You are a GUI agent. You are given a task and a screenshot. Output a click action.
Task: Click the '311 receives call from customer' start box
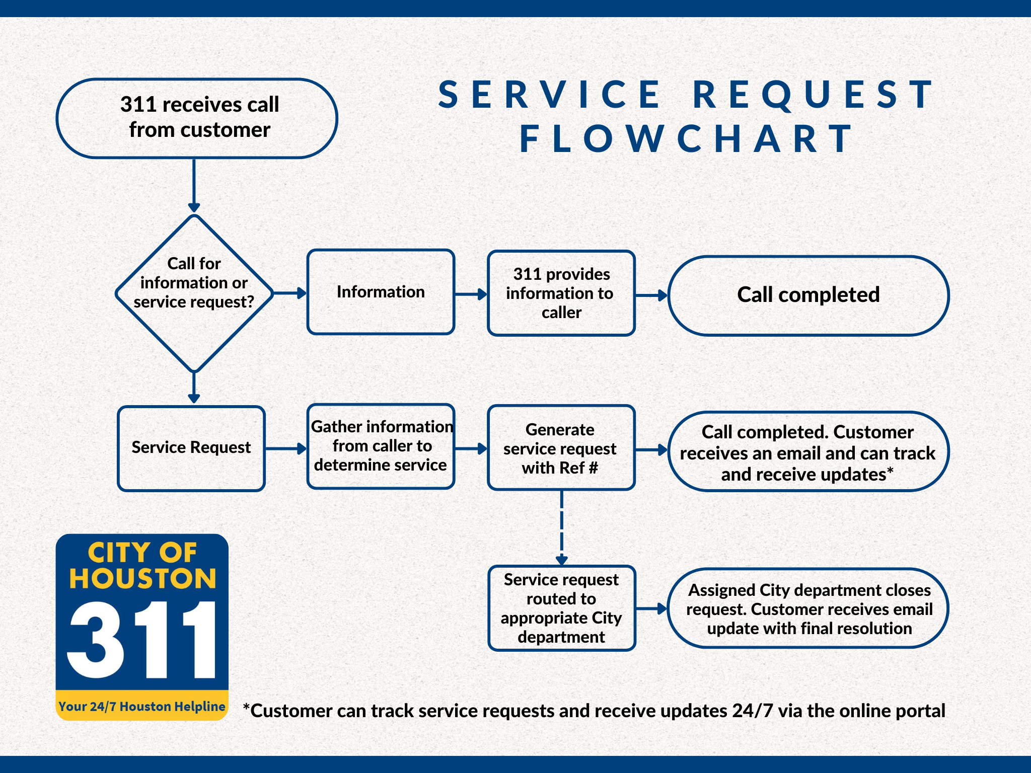(197, 118)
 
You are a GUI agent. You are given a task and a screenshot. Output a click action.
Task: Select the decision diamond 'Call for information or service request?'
(194, 293)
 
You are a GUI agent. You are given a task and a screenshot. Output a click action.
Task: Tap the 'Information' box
(381, 292)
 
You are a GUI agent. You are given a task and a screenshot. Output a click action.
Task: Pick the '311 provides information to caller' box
(561, 293)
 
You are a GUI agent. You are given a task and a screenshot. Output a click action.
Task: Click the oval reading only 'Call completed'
(808, 295)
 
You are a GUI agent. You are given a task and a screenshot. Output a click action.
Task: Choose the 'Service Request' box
(191, 448)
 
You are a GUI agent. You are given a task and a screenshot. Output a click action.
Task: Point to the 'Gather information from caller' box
(381, 446)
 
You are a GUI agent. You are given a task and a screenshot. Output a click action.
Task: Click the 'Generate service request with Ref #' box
(561, 448)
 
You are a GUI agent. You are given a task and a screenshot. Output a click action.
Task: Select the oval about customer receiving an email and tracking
(808, 452)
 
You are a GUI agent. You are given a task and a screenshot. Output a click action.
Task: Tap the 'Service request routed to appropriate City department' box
(561, 608)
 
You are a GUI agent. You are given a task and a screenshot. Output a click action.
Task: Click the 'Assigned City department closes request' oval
(808, 608)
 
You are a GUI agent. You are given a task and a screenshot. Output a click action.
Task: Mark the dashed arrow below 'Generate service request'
(562, 526)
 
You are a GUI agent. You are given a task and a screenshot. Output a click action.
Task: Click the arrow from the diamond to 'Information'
(289, 293)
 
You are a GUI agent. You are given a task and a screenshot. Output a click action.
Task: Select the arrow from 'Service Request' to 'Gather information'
(285, 448)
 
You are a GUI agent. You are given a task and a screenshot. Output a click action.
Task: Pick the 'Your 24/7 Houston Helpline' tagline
(142, 707)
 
